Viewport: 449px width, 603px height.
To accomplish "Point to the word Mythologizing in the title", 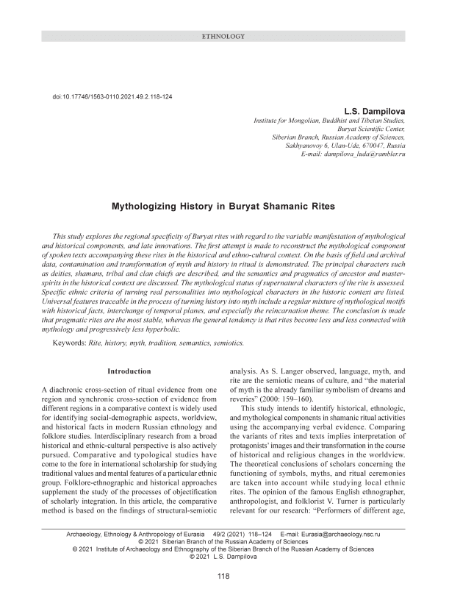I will (x=145, y=208).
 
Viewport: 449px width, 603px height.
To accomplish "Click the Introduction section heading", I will (x=129, y=371).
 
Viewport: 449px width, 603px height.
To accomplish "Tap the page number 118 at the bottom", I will (x=223, y=577).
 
